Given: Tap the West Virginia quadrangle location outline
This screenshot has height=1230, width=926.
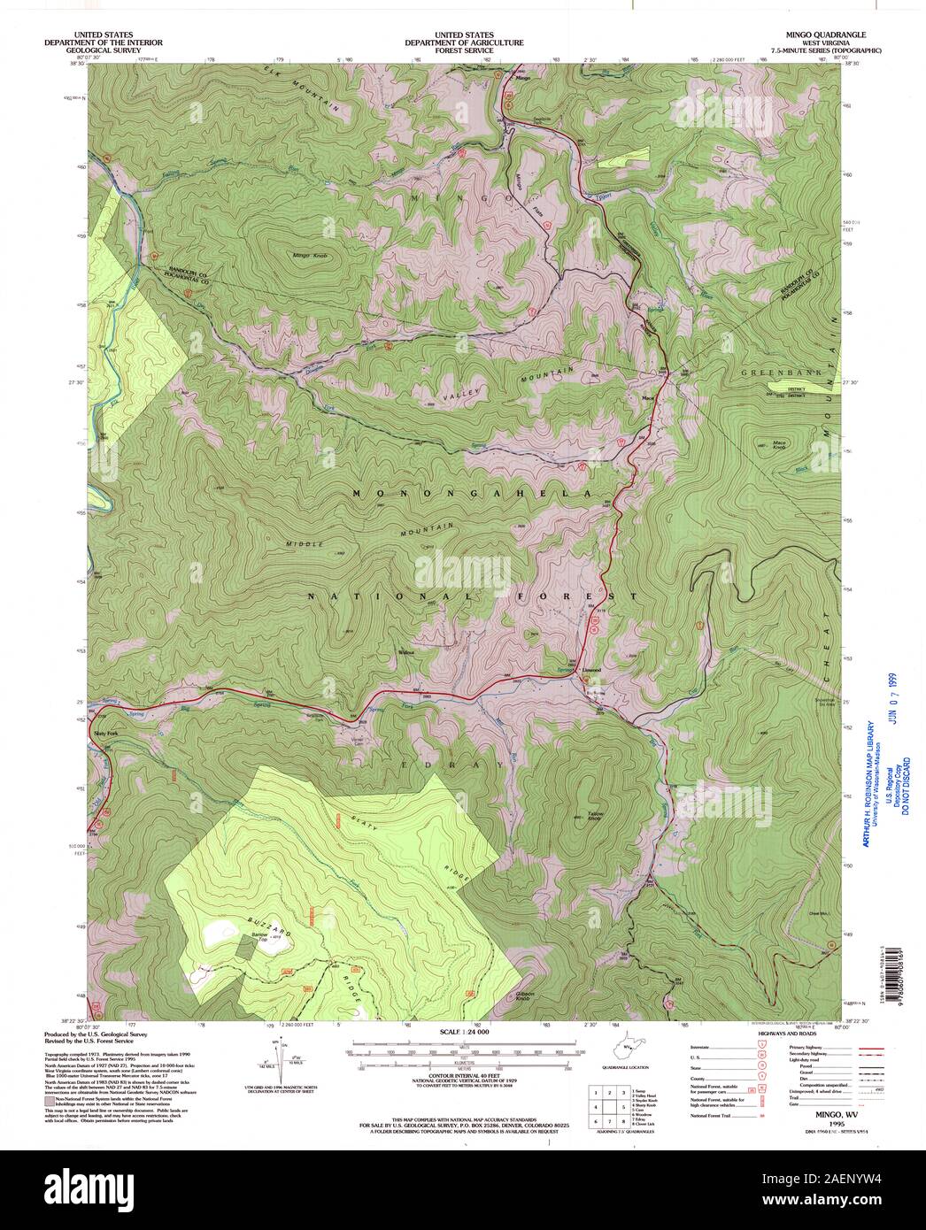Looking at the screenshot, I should pos(629,1049).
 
